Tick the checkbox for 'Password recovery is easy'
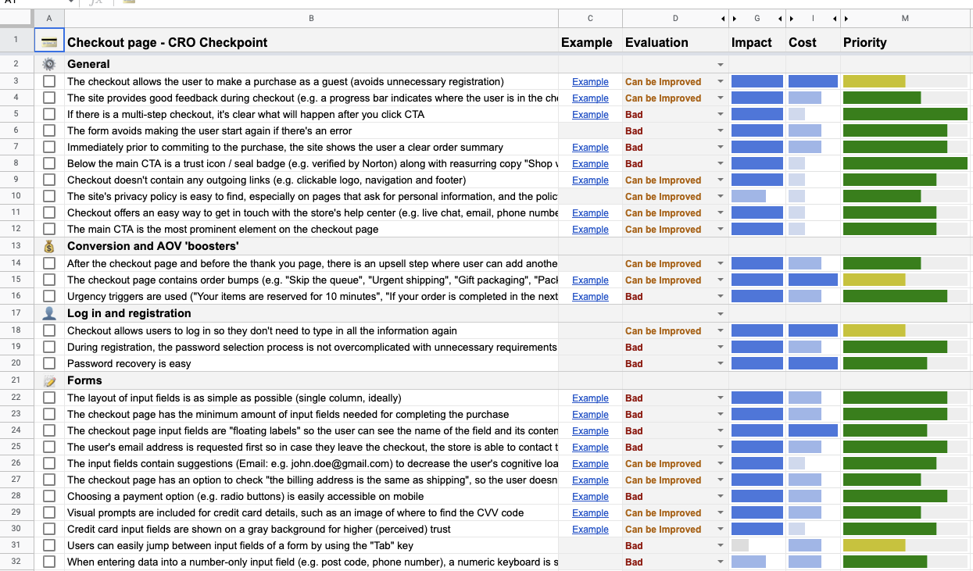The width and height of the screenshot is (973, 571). click(x=49, y=363)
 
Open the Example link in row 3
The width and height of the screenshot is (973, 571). click(x=590, y=82)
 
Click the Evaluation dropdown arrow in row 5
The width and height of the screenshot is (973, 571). click(x=721, y=114)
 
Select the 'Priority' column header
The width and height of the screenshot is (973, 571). click(x=864, y=42)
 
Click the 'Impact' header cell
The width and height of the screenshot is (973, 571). click(x=752, y=42)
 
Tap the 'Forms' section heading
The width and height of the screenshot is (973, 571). click(x=84, y=380)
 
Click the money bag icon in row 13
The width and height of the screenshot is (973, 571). click(x=49, y=246)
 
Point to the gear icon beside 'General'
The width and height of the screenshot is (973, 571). click(x=49, y=64)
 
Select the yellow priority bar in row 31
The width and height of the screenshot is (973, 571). click(x=874, y=545)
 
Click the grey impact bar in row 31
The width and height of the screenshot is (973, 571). click(x=740, y=545)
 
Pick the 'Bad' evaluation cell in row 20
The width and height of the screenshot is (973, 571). click(x=634, y=363)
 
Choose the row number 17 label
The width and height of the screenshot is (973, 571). click(x=16, y=312)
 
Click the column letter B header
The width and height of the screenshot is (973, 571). click(x=311, y=18)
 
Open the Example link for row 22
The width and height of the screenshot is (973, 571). click(x=590, y=398)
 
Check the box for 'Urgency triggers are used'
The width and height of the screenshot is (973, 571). click(x=49, y=296)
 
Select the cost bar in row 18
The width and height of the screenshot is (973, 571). click(x=813, y=330)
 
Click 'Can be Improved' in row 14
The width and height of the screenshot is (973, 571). click(x=663, y=263)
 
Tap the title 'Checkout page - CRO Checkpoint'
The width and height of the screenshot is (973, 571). click(x=167, y=42)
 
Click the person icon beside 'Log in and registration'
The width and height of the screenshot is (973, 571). click(x=49, y=313)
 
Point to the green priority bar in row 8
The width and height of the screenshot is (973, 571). click(x=905, y=163)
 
